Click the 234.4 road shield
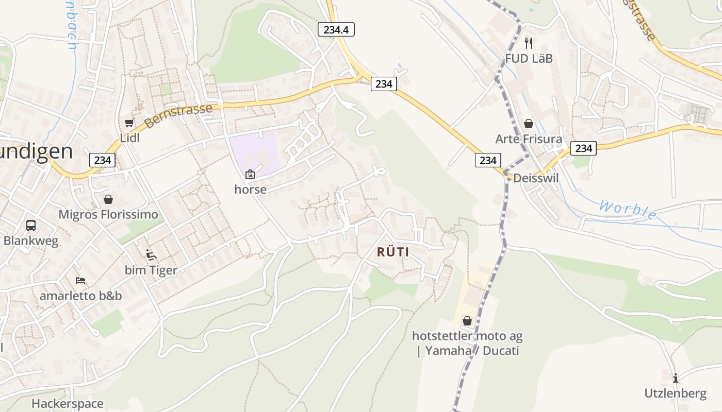(x=336, y=29)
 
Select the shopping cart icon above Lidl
(x=129, y=123)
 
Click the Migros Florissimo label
(x=108, y=214)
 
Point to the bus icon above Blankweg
(x=31, y=225)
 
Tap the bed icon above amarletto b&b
(x=80, y=280)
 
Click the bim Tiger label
(x=151, y=270)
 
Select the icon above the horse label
(x=250, y=174)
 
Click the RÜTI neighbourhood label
(x=393, y=252)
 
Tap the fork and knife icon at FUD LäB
(x=528, y=43)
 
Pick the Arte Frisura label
(x=528, y=139)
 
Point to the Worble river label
(x=628, y=211)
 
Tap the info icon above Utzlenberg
(x=676, y=378)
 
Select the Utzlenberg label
(x=676, y=393)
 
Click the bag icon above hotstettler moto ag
(x=467, y=321)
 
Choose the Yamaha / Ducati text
(x=471, y=351)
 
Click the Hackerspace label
(x=68, y=403)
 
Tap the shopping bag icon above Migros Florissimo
(x=108, y=199)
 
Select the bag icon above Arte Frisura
(x=528, y=124)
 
